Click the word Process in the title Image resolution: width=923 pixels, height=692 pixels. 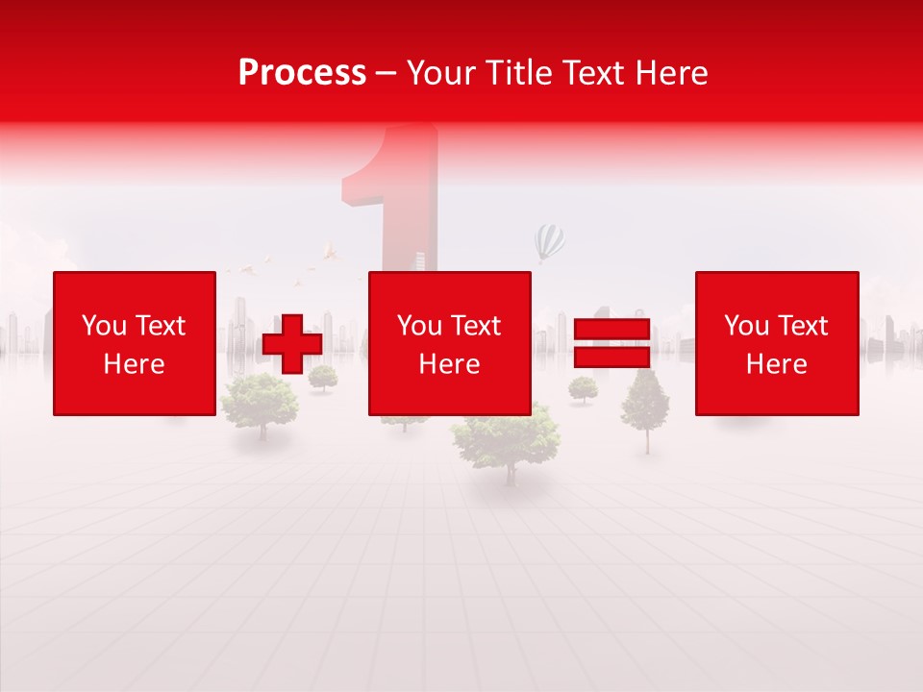pos(302,73)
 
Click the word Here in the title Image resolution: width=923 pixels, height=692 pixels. pos(669,73)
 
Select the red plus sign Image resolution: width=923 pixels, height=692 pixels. pos(292,344)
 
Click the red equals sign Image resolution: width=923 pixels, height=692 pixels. pos(611,343)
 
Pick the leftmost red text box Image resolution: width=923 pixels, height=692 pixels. pos(135,343)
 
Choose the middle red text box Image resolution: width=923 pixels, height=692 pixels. pos(449,343)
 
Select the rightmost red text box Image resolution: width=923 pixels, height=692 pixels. pos(777,343)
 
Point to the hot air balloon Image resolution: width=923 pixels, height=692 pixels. pos(550,241)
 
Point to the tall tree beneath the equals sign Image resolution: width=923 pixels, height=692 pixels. pos(644,404)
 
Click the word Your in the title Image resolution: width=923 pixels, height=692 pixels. pos(440,73)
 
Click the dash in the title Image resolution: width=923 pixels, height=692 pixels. pos(386,73)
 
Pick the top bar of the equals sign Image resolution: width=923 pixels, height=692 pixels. pos(611,328)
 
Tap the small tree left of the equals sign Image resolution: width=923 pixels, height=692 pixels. pos(583,388)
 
